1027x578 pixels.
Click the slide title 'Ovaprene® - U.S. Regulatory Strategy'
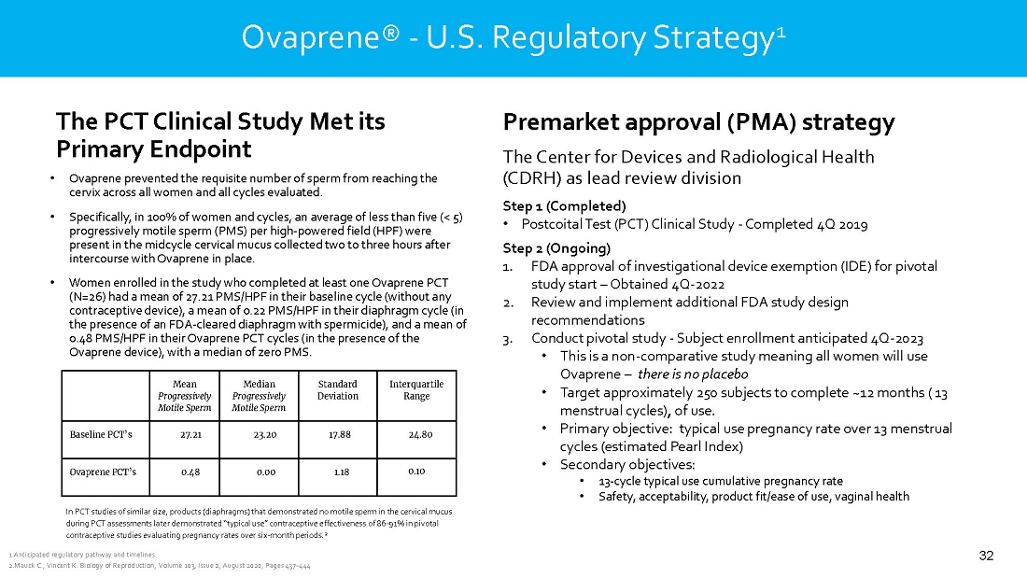(x=513, y=37)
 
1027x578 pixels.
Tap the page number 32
(x=986, y=557)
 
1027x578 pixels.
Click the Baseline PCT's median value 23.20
(x=266, y=435)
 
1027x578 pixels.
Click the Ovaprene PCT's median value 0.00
(x=266, y=472)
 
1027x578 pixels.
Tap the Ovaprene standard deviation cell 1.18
(x=341, y=472)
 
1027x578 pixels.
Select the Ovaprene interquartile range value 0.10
(x=416, y=471)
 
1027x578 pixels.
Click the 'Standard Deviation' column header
(x=337, y=390)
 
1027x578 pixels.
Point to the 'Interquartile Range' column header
(x=415, y=390)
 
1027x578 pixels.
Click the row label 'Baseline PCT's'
(x=101, y=435)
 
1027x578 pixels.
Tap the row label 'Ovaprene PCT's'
(x=103, y=472)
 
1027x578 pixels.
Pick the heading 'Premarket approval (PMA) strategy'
(x=698, y=122)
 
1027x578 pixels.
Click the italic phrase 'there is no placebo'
(x=693, y=374)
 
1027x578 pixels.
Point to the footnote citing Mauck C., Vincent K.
(x=159, y=567)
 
